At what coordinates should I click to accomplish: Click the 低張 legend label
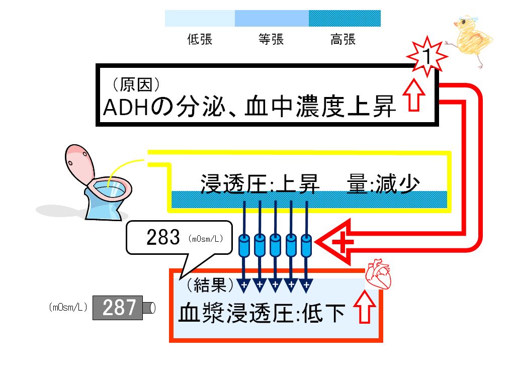pos(200,39)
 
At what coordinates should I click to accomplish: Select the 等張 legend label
pos(271,39)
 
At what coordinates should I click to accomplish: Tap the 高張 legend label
pos(343,39)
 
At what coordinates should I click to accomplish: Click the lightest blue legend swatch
pos(200,19)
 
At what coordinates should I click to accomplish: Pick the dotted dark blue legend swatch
pos(345,19)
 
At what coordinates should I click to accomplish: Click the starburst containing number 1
pos(427,56)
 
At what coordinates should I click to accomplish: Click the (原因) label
pos(136,84)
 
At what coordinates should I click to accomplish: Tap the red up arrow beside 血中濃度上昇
pos(414,95)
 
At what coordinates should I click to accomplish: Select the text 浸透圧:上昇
pos(260,184)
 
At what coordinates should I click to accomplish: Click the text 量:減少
pos(383,184)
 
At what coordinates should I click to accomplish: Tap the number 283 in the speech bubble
pos(163,237)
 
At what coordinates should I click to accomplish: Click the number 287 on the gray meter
pos(119,308)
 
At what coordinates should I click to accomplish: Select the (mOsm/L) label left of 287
pos(68,307)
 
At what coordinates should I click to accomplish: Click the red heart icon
pos(378,274)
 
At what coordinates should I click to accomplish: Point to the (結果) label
pos(210,284)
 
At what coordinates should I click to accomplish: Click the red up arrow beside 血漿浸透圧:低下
pos(365,307)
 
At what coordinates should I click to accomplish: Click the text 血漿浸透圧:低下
pos(262,313)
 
